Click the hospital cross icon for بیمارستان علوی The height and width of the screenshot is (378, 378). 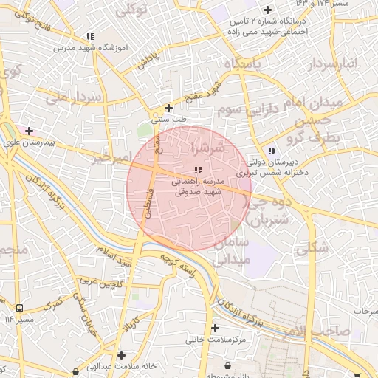(x=29, y=131)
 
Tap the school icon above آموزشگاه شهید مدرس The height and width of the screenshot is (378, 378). (x=90, y=35)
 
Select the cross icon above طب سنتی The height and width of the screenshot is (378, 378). (x=169, y=108)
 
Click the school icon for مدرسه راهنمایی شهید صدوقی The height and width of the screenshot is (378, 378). (x=196, y=171)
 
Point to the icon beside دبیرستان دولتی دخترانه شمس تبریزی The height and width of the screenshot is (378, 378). (x=272, y=151)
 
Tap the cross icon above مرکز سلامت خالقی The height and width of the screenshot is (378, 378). (x=215, y=328)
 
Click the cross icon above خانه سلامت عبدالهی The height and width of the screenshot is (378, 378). (x=121, y=355)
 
